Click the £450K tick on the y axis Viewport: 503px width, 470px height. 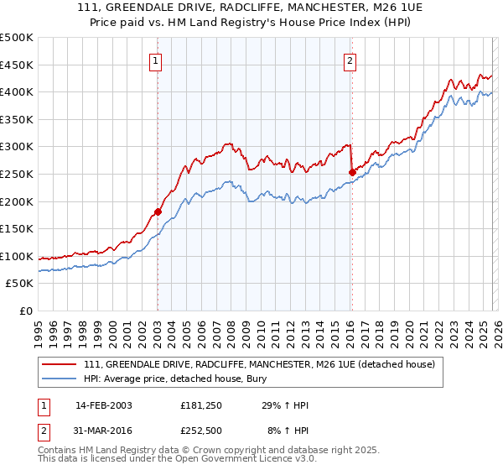pyautogui.click(x=17, y=65)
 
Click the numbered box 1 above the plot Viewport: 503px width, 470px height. pyautogui.click(x=157, y=60)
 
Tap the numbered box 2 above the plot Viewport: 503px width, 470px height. pyautogui.click(x=350, y=60)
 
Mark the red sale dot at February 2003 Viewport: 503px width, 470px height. pyautogui.click(x=158, y=211)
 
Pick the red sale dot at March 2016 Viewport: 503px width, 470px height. pyautogui.click(x=352, y=172)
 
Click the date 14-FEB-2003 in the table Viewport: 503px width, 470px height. pyautogui.click(x=103, y=406)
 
